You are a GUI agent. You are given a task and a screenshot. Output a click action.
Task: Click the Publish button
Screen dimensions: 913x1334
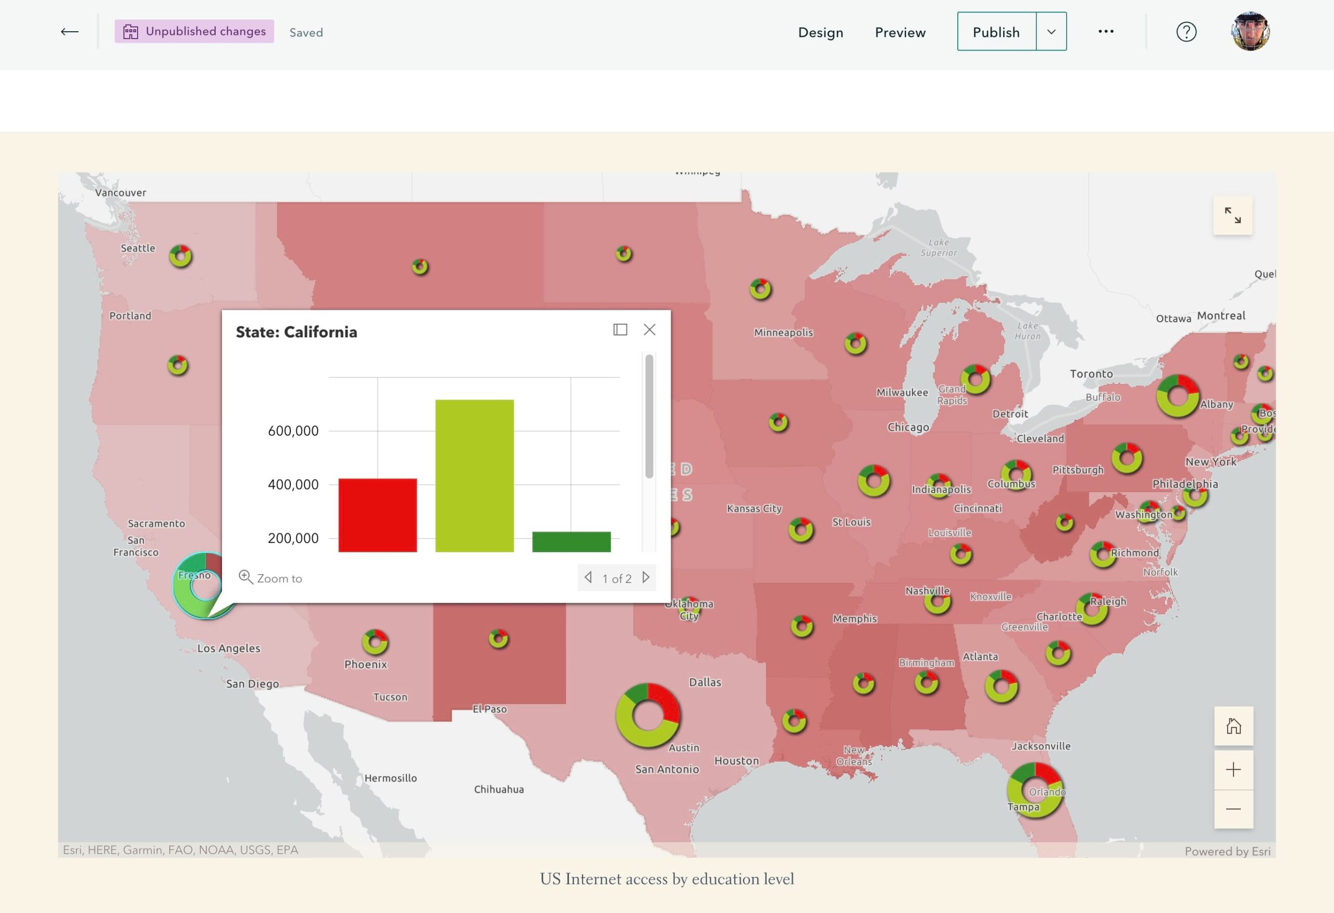click(996, 32)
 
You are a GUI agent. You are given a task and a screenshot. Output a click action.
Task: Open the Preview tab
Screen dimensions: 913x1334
click(899, 32)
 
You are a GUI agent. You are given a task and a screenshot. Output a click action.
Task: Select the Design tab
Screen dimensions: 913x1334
click(820, 32)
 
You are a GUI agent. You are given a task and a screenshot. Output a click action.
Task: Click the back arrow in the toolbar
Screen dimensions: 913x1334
click(69, 32)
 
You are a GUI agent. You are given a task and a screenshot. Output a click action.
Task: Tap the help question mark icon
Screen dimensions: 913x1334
click(1186, 32)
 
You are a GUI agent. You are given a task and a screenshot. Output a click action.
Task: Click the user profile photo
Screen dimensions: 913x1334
click(1250, 32)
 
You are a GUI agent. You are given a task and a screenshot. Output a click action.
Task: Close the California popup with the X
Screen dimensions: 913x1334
click(649, 330)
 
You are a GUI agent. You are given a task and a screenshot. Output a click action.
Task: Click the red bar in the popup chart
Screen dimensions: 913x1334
click(377, 515)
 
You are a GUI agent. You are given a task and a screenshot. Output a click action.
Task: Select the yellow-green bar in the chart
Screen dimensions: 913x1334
click(474, 476)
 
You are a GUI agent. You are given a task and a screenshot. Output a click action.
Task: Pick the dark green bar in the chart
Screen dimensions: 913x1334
click(571, 541)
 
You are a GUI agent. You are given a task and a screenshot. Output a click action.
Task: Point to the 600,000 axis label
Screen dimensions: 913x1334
click(293, 431)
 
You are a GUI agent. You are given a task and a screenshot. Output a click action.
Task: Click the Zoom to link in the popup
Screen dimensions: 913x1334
click(270, 578)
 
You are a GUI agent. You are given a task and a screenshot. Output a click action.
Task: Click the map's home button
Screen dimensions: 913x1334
click(1233, 726)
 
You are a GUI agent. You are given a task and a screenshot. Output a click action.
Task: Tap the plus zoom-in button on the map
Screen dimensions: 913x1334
click(1233, 770)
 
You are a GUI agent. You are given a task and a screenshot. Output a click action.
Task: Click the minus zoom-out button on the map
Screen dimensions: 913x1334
click(1233, 809)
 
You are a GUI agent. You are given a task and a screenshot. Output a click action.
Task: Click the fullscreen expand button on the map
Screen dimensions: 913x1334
click(1232, 215)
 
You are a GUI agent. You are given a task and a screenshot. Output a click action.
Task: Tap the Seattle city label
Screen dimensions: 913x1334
click(138, 248)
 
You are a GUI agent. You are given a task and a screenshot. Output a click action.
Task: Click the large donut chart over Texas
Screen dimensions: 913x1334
click(648, 715)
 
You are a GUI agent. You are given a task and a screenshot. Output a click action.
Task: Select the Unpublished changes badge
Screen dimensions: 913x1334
click(194, 32)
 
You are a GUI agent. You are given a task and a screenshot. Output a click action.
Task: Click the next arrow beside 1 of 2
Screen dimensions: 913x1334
click(646, 577)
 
